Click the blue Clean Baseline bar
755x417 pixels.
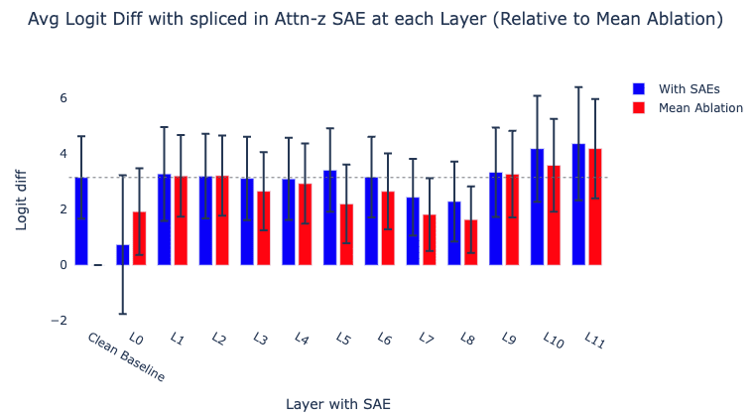81,221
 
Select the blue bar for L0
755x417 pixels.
123,255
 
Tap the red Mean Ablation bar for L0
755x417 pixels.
140,238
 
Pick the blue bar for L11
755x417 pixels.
578,205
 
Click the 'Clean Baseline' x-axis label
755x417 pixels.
125,356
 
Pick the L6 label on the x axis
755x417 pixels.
385,339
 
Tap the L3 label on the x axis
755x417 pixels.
260,339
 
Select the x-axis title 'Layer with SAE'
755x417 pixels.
337,404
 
